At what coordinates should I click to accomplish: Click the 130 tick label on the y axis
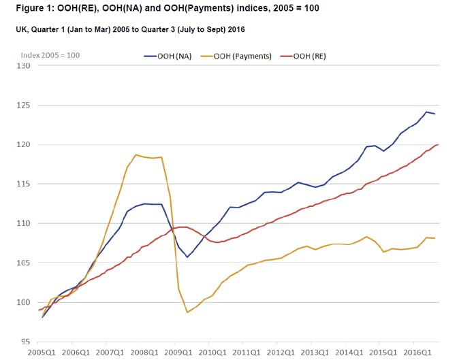point(23,66)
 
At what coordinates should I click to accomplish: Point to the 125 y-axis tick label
point(23,105)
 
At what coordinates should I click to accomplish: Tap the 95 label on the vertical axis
point(25,342)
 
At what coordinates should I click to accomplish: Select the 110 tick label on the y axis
point(23,223)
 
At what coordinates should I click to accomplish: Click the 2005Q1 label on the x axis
point(42,353)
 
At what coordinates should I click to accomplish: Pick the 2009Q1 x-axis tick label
point(178,353)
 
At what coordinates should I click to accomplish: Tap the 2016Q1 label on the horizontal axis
point(417,353)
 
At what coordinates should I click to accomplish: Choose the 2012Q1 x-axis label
point(281,353)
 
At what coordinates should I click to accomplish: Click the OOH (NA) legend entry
point(168,56)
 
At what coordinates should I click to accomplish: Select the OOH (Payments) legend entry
point(236,56)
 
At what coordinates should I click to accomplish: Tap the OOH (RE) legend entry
point(303,56)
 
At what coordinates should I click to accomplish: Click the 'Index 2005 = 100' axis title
point(50,55)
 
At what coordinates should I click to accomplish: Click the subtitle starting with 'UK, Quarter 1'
point(130,29)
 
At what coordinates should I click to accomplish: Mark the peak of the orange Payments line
point(136,154)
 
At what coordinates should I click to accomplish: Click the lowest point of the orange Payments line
point(187,312)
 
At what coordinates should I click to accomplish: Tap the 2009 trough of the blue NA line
point(187,257)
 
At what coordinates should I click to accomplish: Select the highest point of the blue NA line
point(426,112)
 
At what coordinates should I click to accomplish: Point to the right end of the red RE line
point(438,144)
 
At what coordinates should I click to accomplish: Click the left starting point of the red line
point(39,310)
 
